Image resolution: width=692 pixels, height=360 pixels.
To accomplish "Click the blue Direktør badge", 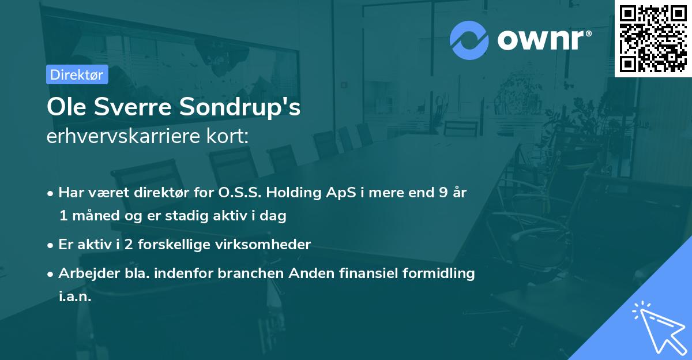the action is click(x=77, y=74).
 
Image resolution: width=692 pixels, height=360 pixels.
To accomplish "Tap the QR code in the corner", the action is click(x=653, y=38).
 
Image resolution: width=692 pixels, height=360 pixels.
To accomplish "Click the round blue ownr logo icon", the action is click(x=469, y=40).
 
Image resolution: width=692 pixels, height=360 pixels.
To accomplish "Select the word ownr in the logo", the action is click(x=541, y=40).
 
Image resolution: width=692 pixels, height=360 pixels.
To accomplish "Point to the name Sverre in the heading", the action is click(x=133, y=107).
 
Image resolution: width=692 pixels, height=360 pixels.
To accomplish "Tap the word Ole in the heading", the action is click(x=66, y=107).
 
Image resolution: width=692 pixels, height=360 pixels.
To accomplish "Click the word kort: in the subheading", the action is click(x=228, y=136).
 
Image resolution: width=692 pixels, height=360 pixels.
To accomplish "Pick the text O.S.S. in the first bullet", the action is click(x=240, y=193).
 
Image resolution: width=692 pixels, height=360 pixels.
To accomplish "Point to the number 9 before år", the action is click(x=443, y=193).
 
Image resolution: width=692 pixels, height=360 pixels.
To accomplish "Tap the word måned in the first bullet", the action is click(x=96, y=215).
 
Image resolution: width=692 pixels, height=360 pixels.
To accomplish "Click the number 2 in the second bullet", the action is click(x=129, y=245).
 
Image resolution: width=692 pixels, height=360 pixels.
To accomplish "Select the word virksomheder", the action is click(x=263, y=245).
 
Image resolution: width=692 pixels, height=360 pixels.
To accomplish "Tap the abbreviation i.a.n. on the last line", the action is click(x=75, y=297).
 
